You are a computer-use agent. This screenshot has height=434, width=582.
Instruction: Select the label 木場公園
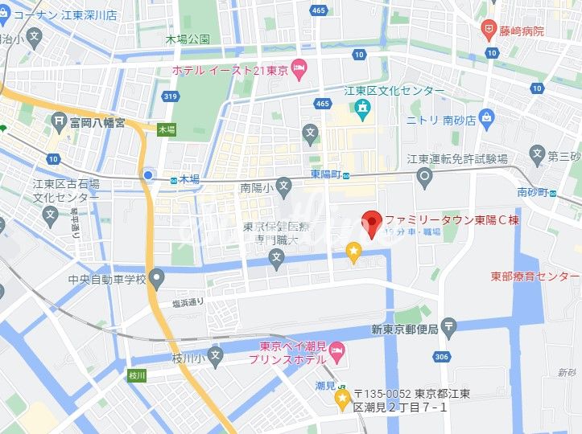click(187, 39)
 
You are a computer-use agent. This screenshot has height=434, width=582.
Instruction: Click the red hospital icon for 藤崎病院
click(488, 31)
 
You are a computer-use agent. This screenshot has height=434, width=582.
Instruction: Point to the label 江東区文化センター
click(394, 91)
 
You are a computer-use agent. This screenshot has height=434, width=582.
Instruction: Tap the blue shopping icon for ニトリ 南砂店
click(486, 121)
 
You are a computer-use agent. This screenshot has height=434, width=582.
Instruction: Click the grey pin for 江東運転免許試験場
click(423, 176)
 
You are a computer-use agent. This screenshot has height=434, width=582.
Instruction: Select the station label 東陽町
click(326, 174)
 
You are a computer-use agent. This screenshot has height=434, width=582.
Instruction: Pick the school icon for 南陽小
click(283, 188)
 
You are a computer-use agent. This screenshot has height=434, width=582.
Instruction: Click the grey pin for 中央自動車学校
click(156, 280)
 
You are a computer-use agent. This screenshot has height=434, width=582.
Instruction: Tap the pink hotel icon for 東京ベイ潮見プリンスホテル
click(337, 349)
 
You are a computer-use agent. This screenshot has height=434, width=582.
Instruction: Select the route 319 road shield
click(170, 96)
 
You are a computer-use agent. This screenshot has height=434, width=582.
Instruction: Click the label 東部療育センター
click(535, 276)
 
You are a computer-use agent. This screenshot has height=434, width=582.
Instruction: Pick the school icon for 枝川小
click(215, 354)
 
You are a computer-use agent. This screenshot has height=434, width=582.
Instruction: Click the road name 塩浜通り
click(188, 302)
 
